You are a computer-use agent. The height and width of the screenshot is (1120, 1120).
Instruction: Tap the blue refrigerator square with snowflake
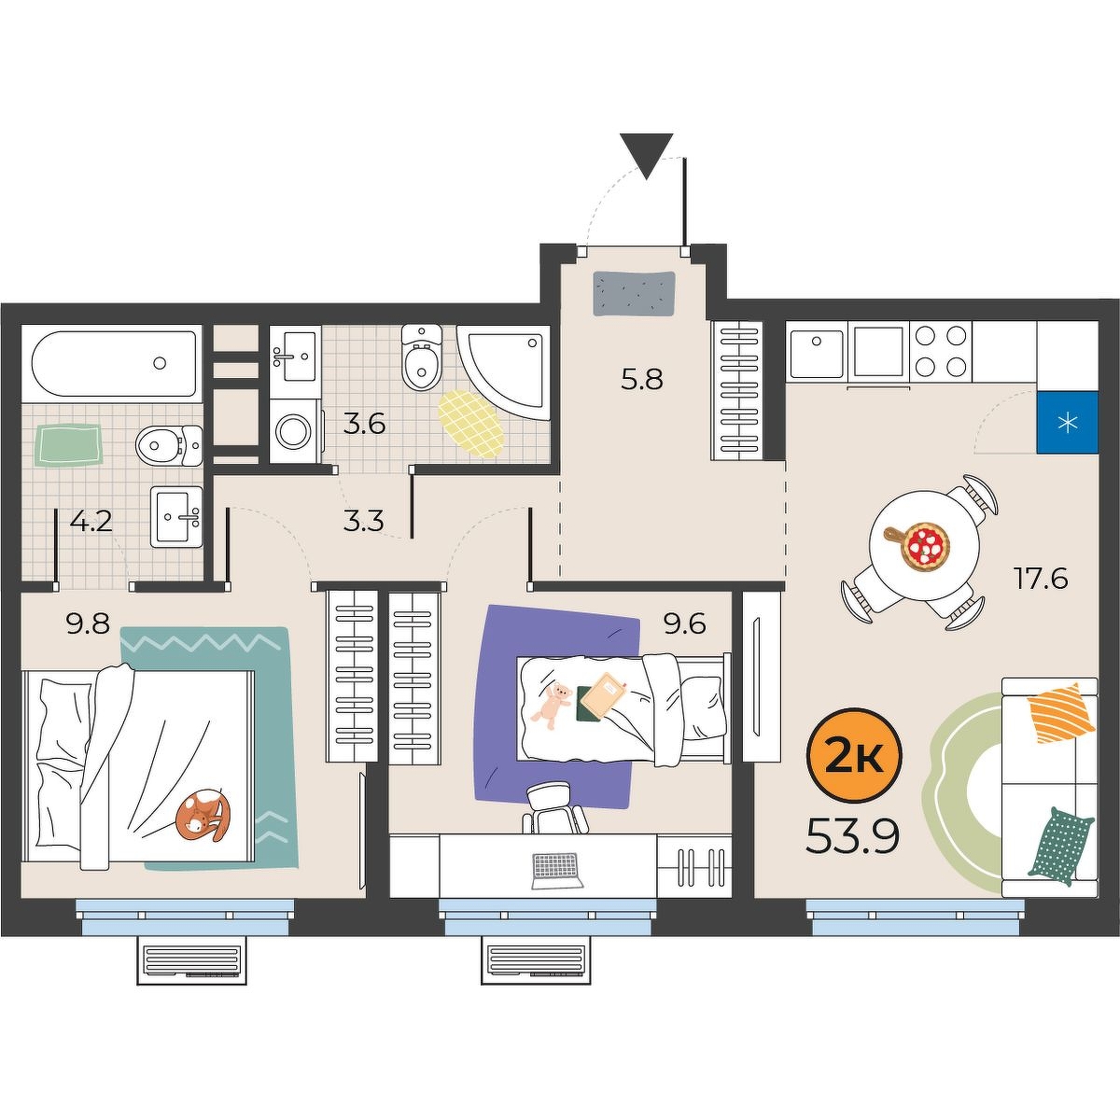click(x=1067, y=423)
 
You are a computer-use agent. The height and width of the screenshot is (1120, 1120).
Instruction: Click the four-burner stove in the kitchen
click(x=940, y=351)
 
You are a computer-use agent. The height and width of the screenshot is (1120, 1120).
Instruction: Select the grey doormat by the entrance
click(x=635, y=293)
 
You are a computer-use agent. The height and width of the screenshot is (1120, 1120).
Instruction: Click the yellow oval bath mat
click(x=470, y=424)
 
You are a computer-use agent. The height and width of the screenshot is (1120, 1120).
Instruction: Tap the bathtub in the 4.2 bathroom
click(x=114, y=364)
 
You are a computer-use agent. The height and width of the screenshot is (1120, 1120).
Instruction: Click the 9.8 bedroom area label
click(x=89, y=624)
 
